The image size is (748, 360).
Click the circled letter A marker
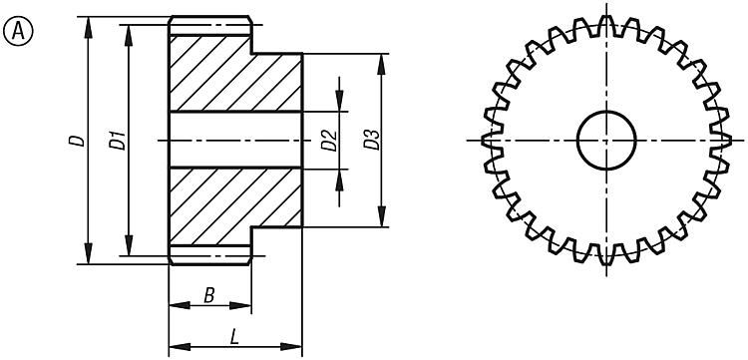(19, 32)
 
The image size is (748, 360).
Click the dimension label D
(76, 141)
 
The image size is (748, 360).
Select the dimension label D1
(116, 141)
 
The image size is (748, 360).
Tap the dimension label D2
(328, 141)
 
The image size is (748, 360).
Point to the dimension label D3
(370, 141)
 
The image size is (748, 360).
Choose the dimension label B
(208, 294)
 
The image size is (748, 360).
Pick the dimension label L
(233, 337)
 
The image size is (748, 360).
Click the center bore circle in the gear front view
(607, 141)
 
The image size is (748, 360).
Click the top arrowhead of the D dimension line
(90, 24)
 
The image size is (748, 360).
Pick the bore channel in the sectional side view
(234, 140)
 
